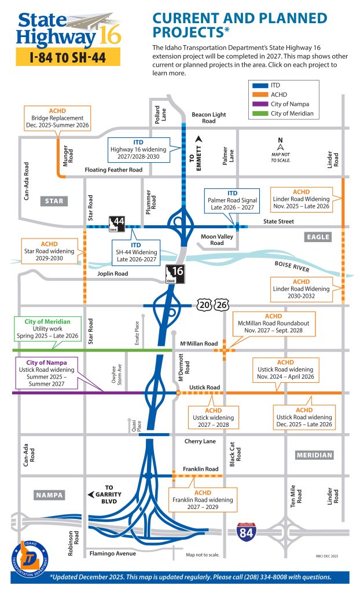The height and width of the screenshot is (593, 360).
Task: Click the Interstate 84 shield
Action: click(x=246, y=532)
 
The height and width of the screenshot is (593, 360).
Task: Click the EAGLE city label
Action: click(x=318, y=237)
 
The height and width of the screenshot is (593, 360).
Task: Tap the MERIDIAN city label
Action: click(x=314, y=455)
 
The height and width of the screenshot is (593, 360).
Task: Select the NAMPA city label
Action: click(x=49, y=495)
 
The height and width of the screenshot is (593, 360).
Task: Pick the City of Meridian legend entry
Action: click(x=292, y=114)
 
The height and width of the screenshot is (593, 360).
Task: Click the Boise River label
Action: click(x=292, y=267)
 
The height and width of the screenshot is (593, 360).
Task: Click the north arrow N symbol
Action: click(x=281, y=140)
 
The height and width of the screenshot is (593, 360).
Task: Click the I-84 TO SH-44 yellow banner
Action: click(x=67, y=57)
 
